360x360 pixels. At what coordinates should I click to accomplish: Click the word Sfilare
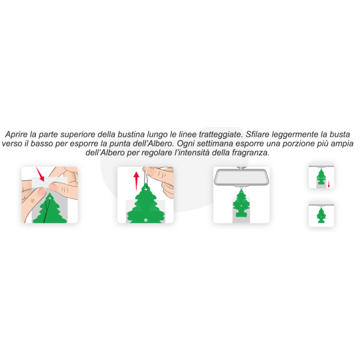pyautogui.click(x=257, y=134)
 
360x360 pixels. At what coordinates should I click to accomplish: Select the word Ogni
pyautogui.click(x=186, y=144)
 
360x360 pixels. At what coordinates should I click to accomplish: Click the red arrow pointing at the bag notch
pyautogui.click(x=40, y=174)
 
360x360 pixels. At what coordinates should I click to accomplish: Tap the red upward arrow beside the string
pyautogui.click(x=136, y=181)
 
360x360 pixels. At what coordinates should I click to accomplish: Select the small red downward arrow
pyautogui.click(x=329, y=184)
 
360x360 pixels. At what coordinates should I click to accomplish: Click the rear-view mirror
pyautogui.click(x=241, y=177)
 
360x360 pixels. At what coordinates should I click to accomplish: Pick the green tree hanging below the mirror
pyautogui.click(x=241, y=203)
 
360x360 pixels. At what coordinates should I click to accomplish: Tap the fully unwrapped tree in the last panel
pyautogui.click(x=321, y=215)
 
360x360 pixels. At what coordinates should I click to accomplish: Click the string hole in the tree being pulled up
pyautogui.click(x=146, y=190)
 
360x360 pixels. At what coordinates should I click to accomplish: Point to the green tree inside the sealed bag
pyautogui.click(x=50, y=208)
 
